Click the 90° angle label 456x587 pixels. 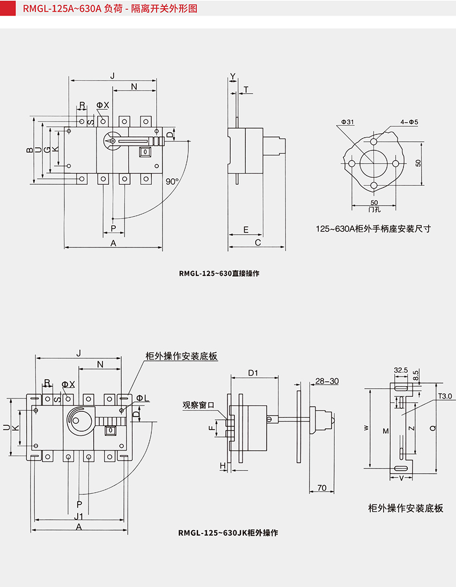pyautogui.click(x=171, y=181)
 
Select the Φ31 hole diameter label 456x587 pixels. pyautogui.click(x=347, y=122)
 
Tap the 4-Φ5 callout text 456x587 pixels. pyautogui.click(x=409, y=122)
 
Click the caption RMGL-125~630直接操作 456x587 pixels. pyautogui.click(x=219, y=273)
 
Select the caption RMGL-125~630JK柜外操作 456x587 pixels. pyautogui.click(x=228, y=533)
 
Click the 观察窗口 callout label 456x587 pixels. pyautogui.click(x=198, y=405)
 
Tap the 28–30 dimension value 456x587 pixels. pyautogui.click(x=327, y=381)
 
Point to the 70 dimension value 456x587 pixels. pyautogui.click(x=322, y=487)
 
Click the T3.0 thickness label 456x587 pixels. pyautogui.click(x=445, y=396)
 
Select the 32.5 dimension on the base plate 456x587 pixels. pyautogui.click(x=401, y=370)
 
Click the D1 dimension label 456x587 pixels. pyautogui.click(x=254, y=372)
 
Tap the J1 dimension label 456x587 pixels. pyautogui.click(x=78, y=516)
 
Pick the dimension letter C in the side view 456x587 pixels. pyautogui.click(x=258, y=243)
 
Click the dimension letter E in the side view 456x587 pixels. pyautogui.click(x=245, y=230)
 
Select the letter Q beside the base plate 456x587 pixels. pyautogui.click(x=432, y=428)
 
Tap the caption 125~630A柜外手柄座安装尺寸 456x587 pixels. pyautogui.click(x=373, y=229)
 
